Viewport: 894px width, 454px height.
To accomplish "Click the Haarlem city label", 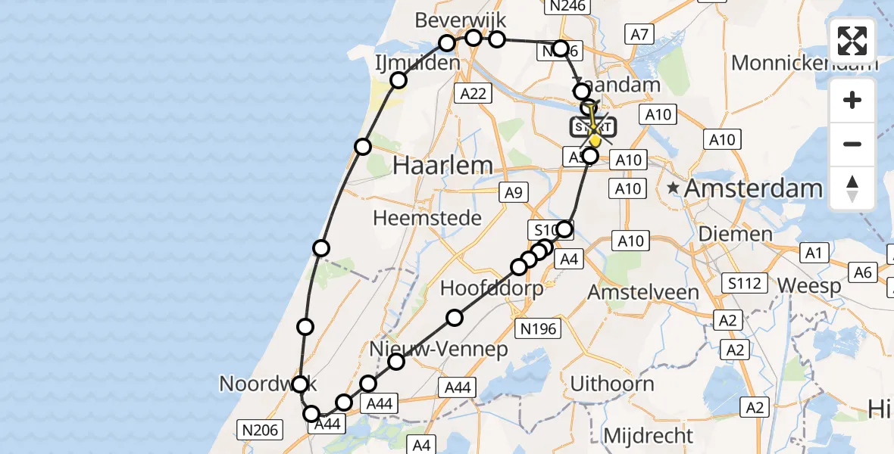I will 433,165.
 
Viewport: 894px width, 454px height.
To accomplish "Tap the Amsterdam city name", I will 753,188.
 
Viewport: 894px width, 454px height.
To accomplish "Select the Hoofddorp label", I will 492,288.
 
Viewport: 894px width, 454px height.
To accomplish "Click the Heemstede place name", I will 427,219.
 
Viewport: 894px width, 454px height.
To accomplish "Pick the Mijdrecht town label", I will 648,436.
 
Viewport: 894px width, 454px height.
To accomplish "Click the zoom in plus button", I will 852,100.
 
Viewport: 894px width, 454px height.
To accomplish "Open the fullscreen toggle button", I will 852,41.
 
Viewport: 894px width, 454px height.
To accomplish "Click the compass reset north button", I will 852,188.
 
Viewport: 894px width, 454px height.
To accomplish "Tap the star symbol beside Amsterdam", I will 673,188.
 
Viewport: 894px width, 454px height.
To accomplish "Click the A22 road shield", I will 473,93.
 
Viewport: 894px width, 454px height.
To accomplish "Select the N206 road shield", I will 261,431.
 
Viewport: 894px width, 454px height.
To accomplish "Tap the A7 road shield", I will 639,33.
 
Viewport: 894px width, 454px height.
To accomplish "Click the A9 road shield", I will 513,194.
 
